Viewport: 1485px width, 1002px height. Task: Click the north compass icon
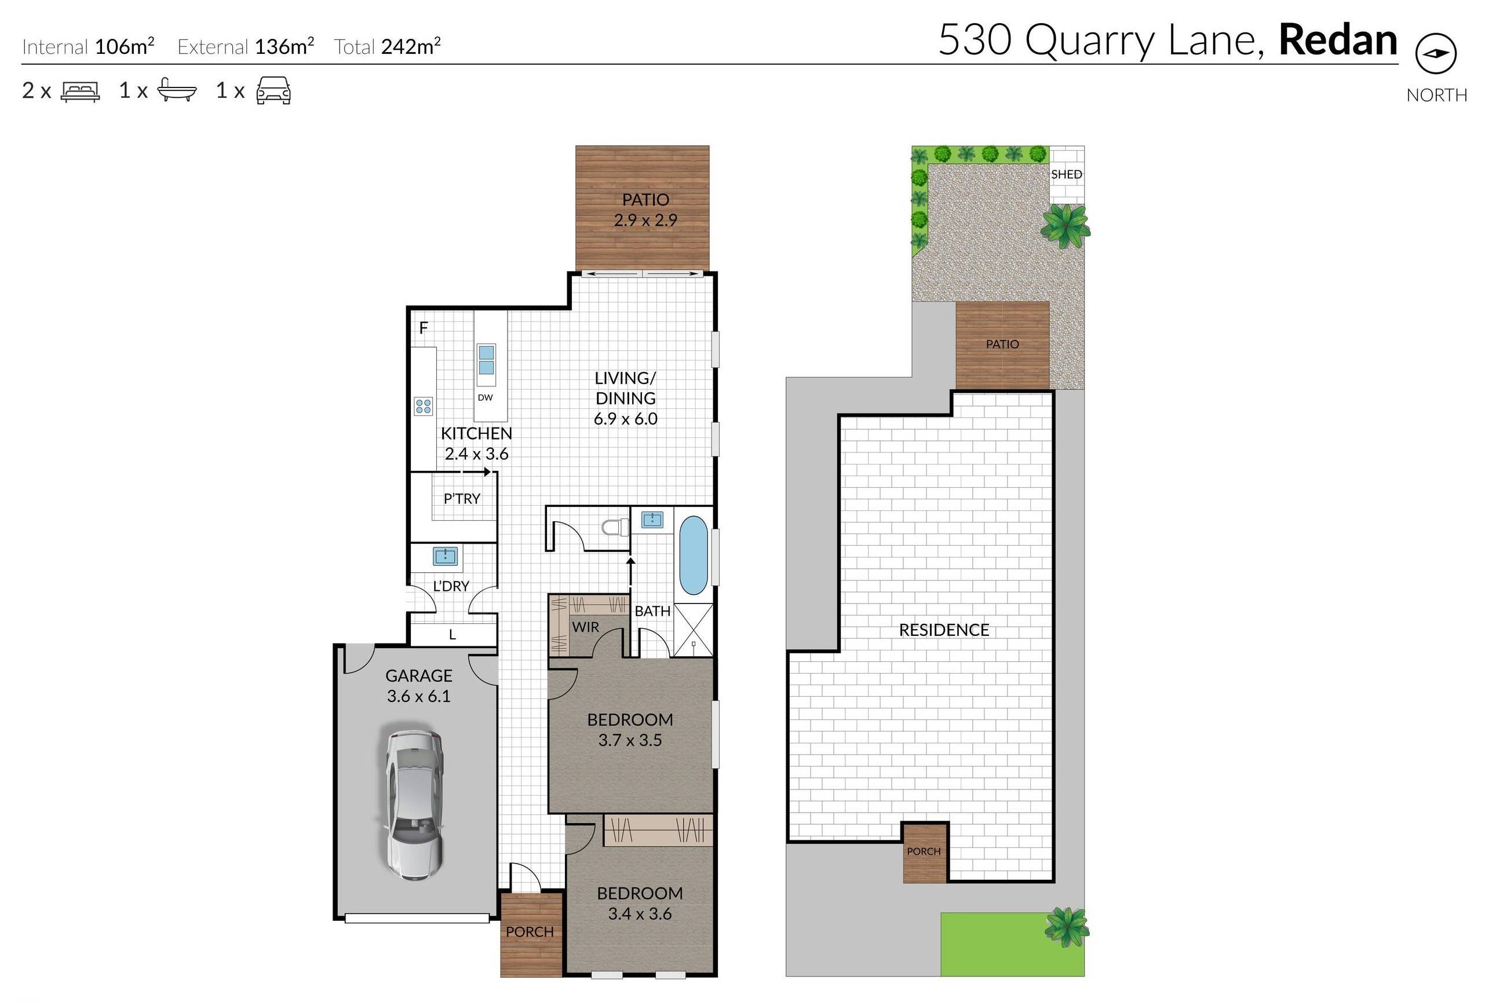1435,54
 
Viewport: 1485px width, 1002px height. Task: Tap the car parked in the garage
415,801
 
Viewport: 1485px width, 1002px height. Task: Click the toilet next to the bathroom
615,528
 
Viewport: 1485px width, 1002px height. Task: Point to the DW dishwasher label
485,397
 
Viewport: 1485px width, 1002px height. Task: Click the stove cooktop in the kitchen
423,406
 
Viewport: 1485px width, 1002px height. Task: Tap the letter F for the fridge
423,328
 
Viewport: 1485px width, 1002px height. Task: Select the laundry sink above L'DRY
445,555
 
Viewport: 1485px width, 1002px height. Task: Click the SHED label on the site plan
1066,174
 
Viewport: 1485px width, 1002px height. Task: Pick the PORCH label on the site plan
924,851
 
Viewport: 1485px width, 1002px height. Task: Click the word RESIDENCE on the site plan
943,630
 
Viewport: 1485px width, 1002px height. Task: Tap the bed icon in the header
80,92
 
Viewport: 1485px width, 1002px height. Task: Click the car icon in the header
273,91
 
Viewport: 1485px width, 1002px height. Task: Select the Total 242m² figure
410,46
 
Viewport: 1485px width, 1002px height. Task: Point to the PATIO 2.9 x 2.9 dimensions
645,220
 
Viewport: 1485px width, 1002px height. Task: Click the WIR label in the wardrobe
585,627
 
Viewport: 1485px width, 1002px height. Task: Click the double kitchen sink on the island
486,360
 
